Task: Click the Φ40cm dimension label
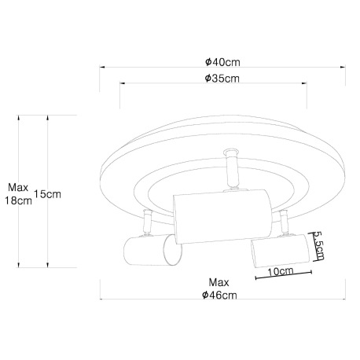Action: (222, 62)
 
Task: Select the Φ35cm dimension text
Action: (222, 78)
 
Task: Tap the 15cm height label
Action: (47, 194)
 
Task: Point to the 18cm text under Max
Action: (18, 200)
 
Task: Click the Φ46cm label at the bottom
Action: (219, 295)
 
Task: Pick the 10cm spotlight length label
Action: (281, 271)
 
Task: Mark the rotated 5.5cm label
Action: (319, 246)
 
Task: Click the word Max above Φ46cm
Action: (219, 282)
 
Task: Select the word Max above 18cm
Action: (18, 187)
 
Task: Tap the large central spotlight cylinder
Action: (222, 216)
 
